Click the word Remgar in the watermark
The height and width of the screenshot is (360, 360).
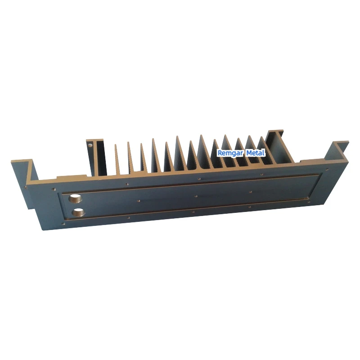tap(230, 153)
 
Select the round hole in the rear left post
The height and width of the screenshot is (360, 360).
tap(90, 145)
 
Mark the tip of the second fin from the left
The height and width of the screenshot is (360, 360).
tap(129, 143)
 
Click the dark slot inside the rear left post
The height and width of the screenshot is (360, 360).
tap(99, 157)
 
